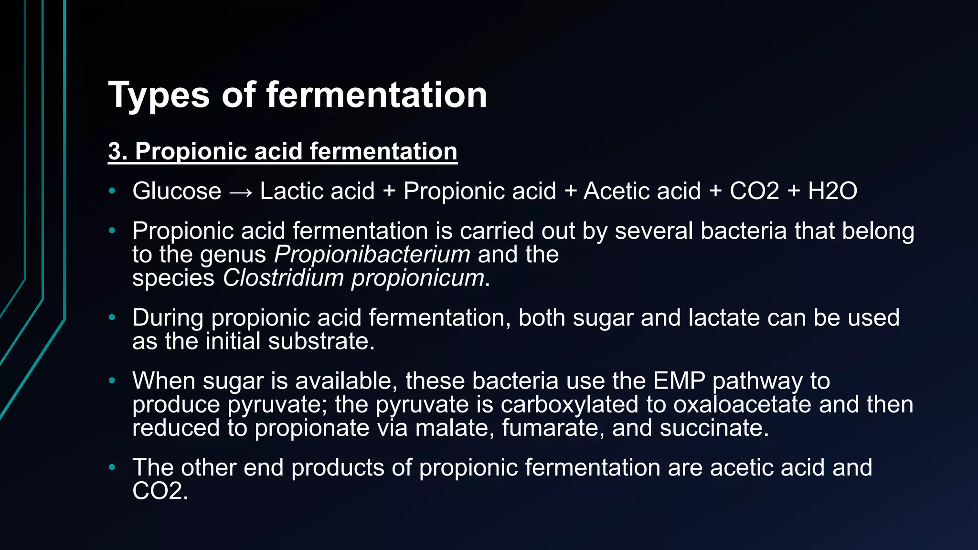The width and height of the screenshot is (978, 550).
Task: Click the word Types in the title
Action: tap(159, 95)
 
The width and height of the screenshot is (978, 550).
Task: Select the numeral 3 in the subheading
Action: tap(115, 151)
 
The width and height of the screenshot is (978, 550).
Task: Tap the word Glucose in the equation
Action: tap(177, 191)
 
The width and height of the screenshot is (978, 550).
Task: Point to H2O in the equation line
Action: tap(832, 191)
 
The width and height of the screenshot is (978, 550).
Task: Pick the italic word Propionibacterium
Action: tap(372, 254)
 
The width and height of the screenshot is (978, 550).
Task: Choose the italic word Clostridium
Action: tap(283, 277)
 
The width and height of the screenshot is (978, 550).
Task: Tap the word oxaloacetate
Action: tap(742, 404)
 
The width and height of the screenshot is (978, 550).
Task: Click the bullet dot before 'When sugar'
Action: tap(112, 381)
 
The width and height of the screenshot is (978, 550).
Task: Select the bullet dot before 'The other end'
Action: tap(112, 467)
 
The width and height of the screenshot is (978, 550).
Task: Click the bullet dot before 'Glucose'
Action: tap(112, 191)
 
